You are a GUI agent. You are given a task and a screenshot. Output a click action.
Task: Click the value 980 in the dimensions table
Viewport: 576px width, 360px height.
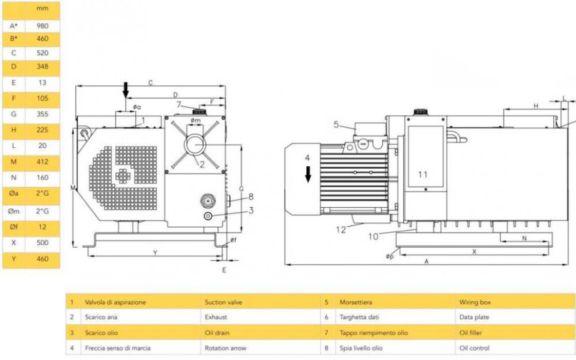pyautogui.click(x=42, y=26)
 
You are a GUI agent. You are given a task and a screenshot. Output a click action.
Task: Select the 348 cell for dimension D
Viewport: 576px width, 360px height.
pyautogui.click(x=42, y=67)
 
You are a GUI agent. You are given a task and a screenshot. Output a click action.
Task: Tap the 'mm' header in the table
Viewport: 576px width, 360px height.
pyautogui.click(x=42, y=8)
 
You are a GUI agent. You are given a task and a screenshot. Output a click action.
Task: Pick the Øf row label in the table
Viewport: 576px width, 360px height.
pyautogui.click(x=14, y=227)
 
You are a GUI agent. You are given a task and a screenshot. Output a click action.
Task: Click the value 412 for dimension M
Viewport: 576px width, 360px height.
pyautogui.click(x=42, y=162)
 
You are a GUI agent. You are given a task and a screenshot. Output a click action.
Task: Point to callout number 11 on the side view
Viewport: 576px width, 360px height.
pyautogui.click(x=423, y=175)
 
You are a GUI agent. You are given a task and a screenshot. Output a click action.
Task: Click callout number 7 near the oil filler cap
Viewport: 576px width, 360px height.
pyautogui.click(x=179, y=105)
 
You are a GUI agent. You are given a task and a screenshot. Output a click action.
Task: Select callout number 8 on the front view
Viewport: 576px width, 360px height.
pyautogui.click(x=251, y=197)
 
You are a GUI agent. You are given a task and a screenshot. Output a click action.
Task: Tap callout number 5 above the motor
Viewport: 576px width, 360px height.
pyautogui.click(x=336, y=125)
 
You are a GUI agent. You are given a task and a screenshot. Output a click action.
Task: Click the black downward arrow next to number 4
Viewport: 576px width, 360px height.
pyautogui.click(x=308, y=174)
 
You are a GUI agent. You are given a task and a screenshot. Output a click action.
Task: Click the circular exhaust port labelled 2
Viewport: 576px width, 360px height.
pyautogui.click(x=195, y=144)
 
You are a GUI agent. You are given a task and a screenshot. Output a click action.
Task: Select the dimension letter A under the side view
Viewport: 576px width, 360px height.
pyautogui.click(x=427, y=261)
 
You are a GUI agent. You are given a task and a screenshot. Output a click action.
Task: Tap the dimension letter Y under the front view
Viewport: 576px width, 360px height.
pyautogui.click(x=155, y=253)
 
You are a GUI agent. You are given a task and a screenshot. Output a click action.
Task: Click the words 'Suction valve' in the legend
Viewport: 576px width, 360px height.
pyautogui.click(x=223, y=302)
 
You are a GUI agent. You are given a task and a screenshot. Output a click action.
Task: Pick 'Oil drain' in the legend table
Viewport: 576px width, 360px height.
pyautogui.click(x=217, y=333)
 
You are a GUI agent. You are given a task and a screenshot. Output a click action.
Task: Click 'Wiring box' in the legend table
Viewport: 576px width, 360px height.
pyautogui.click(x=475, y=302)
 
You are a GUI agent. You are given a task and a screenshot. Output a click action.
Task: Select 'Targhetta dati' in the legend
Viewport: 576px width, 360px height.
pyautogui.click(x=359, y=317)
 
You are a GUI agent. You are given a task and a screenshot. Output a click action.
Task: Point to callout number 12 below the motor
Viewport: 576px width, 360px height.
pyautogui.click(x=341, y=230)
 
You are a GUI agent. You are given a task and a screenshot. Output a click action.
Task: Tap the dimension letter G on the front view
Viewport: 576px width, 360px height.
pyautogui.click(x=241, y=189)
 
